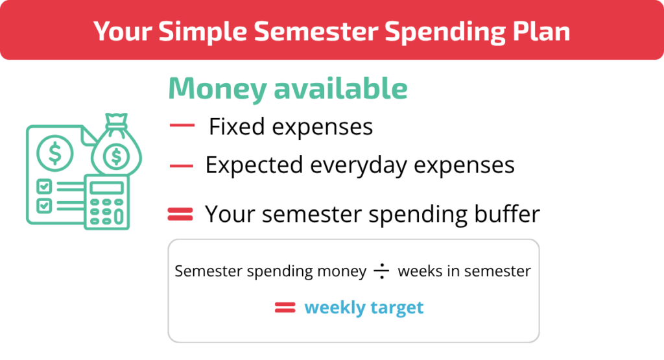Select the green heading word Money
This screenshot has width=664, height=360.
(x=218, y=89)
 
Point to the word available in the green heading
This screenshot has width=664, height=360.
(x=341, y=88)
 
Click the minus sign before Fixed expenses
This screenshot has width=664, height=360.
(x=182, y=125)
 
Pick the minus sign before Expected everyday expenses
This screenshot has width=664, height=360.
(x=182, y=165)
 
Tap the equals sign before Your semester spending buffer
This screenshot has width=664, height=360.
(x=180, y=214)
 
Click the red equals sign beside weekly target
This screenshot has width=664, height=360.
(x=285, y=307)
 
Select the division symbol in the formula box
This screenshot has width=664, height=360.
(x=381, y=271)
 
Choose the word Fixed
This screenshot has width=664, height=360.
(x=237, y=126)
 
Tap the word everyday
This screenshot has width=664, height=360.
(x=358, y=165)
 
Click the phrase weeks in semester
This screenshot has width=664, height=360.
(x=464, y=271)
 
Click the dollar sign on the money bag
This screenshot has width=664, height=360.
(x=116, y=156)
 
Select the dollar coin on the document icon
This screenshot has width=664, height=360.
(x=55, y=153)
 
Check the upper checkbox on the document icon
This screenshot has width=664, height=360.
(x=44, y=186)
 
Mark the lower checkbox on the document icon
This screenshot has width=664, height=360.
(x=44, y=206)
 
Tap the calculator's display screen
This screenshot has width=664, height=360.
(x=107, y=187)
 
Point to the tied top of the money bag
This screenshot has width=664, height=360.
(x=117, y=121)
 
